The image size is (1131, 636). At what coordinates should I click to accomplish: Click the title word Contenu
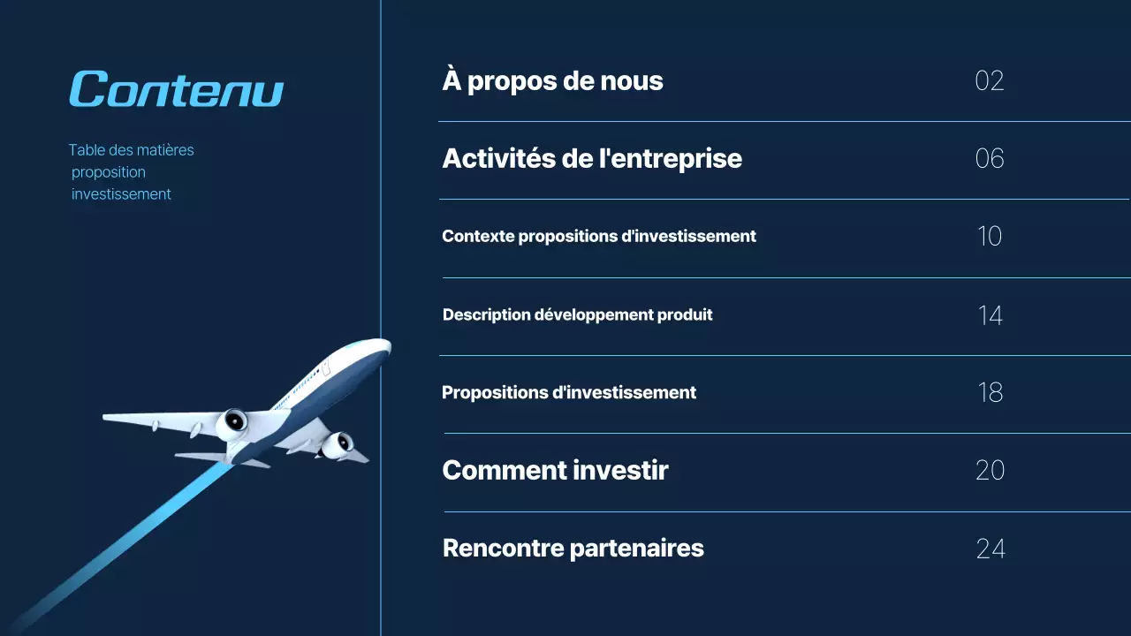pos(176,89)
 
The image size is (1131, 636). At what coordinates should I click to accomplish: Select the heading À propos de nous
pos(552,81)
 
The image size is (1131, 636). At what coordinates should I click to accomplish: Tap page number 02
pos(989,81)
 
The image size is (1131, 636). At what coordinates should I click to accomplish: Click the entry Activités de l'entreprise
pos(591,159)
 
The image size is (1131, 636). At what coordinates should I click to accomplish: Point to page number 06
pos(989,159)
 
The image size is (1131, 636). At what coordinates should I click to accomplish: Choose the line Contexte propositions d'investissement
pos(598,237)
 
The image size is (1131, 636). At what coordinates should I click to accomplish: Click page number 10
pos(989,237)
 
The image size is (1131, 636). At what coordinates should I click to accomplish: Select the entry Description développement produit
pos(577,314)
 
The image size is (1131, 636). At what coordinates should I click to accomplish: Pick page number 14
pos(990,315)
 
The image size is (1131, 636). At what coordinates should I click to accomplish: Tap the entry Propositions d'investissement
pos(568,392)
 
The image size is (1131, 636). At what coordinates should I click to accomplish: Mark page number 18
pos(990,392)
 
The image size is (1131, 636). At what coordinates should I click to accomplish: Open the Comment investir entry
pos(555,470)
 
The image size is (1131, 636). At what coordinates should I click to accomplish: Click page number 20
pos(990,470)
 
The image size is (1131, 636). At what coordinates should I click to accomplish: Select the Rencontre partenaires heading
pos(573,549)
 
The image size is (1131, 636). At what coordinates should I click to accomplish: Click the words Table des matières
pos(131,150)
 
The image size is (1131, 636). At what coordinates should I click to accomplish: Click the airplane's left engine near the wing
pos(233,423)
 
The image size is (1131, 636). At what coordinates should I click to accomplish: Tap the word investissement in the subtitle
pos(121,194)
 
